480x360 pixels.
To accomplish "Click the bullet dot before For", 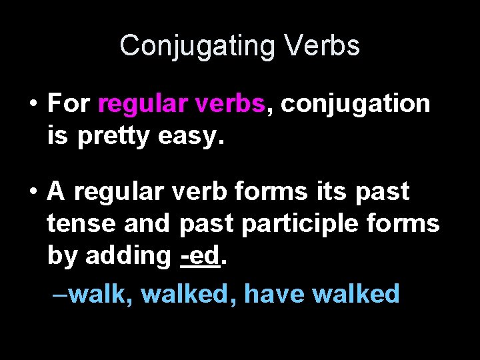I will (x=32, y=104).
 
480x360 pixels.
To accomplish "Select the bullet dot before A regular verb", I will (x=32, y=191).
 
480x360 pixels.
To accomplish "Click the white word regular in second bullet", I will (x=117, y=192).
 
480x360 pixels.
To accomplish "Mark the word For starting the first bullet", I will (x=69, y=104).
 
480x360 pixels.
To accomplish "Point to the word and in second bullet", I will (x=147, y=223).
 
